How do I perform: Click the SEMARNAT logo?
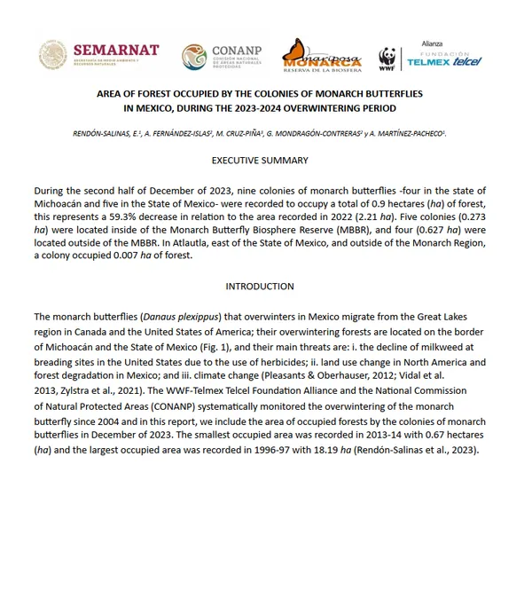pyautogui.click(x=98, y=56)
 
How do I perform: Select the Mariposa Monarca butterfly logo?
pyautogui.click(x=322, y=56)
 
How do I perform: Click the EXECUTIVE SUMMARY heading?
pyautogui.click(x=260, y=161)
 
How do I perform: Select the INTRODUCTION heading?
pyautogui.click(x=260, y=287)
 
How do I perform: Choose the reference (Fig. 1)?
pyautogui.click(x=223, y=343)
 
